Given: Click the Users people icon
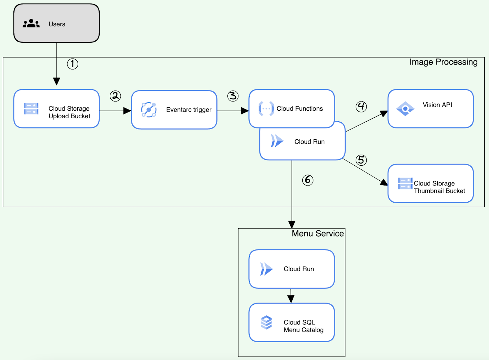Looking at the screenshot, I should (x=31, y=24).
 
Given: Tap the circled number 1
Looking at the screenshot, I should (x=72, y=64).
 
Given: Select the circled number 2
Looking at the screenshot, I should (x=115, y=96).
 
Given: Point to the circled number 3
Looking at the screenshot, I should (x=233, y=96).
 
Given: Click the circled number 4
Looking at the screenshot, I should (x=361, y=106).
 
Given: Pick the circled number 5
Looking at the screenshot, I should (x=361, y=160).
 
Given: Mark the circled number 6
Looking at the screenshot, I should (x=308, y=180).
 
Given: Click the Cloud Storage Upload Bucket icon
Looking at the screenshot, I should (x=31, y=109).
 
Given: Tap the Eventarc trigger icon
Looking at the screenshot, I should (x=149, y=110).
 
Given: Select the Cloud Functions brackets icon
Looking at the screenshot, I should (x=266, y=108).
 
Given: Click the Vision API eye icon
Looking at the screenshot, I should (x=405, y=109).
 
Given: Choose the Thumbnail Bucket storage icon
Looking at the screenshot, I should (x=405, y=183).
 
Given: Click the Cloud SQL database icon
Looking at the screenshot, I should (x=266, y=322).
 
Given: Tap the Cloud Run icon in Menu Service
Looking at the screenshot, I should (x=266, y=269).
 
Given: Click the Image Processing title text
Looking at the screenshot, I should (x=443, y=62).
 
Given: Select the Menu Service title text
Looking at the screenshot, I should (x=318, y=233).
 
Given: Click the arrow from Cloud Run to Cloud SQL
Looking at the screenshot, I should (x=291, y=296).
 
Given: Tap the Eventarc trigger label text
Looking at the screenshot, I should (x=189, y=110).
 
